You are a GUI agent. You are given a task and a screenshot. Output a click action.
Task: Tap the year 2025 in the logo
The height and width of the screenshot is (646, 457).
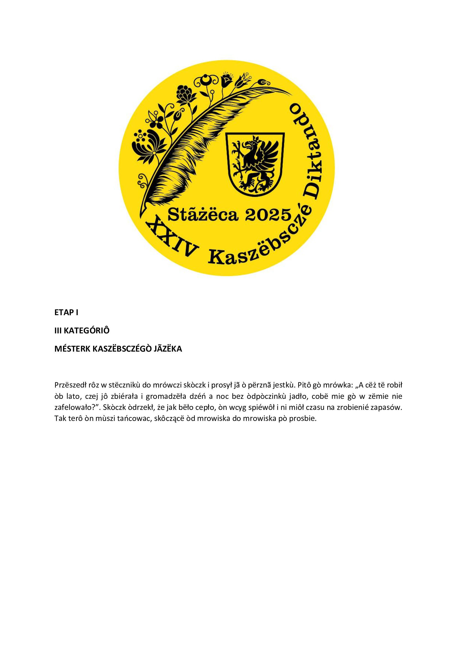tap(268, 215)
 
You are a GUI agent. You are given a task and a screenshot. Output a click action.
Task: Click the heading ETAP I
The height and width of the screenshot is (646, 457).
tap(66, 312)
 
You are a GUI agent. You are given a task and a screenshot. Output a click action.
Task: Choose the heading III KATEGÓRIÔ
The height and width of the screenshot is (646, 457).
tap(82, 330)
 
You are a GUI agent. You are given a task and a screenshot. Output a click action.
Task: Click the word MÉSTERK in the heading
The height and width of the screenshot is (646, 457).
tap(72, 349)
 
